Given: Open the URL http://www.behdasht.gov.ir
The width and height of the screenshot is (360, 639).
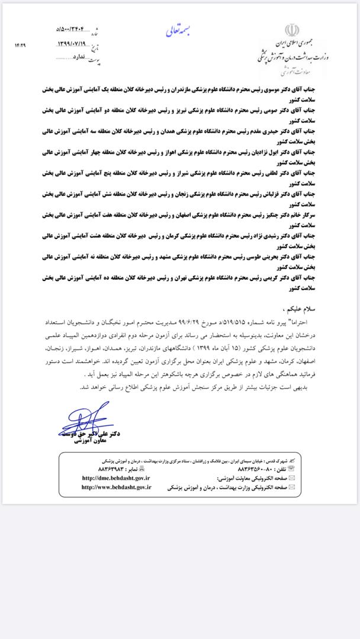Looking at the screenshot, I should pos(117,488).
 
